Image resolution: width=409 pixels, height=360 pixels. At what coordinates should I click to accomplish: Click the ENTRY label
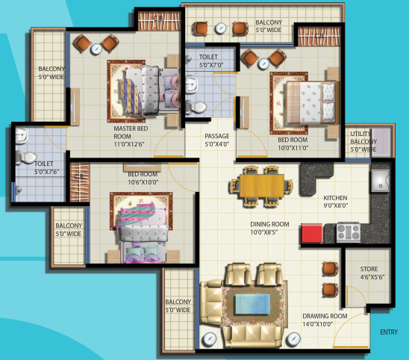pos(389,332)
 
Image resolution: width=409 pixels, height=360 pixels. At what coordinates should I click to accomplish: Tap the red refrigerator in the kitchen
pos(312,233)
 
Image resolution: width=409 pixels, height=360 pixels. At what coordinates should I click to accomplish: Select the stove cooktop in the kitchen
pos(349,232)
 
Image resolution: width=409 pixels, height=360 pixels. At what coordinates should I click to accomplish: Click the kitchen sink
pos(381,181)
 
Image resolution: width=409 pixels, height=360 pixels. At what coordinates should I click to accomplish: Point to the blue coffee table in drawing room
pos(252,304)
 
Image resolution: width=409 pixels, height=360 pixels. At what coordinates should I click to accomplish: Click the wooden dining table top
pos(262,186)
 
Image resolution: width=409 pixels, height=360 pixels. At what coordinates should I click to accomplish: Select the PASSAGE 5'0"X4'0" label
pos(217,140)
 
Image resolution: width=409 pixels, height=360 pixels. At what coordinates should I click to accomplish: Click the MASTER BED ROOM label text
pos(131,132)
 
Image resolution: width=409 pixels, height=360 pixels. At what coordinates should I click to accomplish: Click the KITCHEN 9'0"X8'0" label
pos(335,202)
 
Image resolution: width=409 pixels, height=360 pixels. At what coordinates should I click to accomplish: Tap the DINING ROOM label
pos(269,224)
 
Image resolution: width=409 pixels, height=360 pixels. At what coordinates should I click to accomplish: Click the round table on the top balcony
pos(220,28)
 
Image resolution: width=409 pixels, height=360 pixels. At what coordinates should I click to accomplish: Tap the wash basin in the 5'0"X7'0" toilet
pos(192,84)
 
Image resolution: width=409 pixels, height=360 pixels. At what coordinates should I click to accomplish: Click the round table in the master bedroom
pos(96,49)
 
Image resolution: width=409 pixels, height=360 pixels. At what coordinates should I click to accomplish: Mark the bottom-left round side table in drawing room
pos(209,339)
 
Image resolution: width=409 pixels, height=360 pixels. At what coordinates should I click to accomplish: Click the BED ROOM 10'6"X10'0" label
pos(143,178)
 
